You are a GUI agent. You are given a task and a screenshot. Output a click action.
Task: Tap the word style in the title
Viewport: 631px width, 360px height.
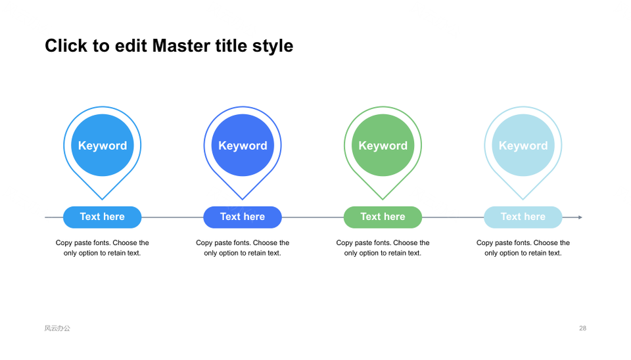coord(273,47)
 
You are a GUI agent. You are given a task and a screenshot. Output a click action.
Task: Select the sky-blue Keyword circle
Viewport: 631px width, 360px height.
coord(103,145)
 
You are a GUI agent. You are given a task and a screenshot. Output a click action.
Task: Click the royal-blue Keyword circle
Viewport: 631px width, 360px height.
coord(243,145)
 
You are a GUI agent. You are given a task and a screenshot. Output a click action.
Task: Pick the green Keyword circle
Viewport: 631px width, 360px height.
coord(383,145)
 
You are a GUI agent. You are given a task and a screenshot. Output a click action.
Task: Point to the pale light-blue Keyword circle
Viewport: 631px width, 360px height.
coord(523,145)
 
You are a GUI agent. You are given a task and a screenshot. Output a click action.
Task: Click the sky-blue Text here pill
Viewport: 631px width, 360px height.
coord(103,217)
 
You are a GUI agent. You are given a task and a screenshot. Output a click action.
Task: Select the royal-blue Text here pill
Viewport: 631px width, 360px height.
coord(243,217)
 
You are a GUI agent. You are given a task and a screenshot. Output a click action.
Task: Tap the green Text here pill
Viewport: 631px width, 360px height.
coord(383,217)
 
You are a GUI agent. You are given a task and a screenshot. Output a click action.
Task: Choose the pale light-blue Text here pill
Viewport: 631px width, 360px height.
coord(523,217)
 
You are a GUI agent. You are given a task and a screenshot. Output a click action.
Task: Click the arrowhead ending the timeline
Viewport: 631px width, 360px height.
coord(580,217)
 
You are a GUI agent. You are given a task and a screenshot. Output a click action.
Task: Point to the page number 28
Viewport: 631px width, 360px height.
coord(583,328)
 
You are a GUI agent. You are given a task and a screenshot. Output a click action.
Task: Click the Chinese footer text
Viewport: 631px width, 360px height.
coord(57,328)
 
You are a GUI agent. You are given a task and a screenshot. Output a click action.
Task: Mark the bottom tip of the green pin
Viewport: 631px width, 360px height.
coord(383,200)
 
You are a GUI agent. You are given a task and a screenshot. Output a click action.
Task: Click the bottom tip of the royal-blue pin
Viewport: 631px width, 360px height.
coord(243,200)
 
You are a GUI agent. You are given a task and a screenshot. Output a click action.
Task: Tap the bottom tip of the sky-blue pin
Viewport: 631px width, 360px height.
coord(103,200)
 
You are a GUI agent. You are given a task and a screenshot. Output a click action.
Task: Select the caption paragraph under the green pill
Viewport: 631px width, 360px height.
coord(383,248)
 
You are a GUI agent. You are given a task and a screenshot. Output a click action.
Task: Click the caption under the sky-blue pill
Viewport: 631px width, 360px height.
coord(103,248)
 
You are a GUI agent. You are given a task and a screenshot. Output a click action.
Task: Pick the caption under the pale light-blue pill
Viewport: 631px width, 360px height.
coord(523,248)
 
